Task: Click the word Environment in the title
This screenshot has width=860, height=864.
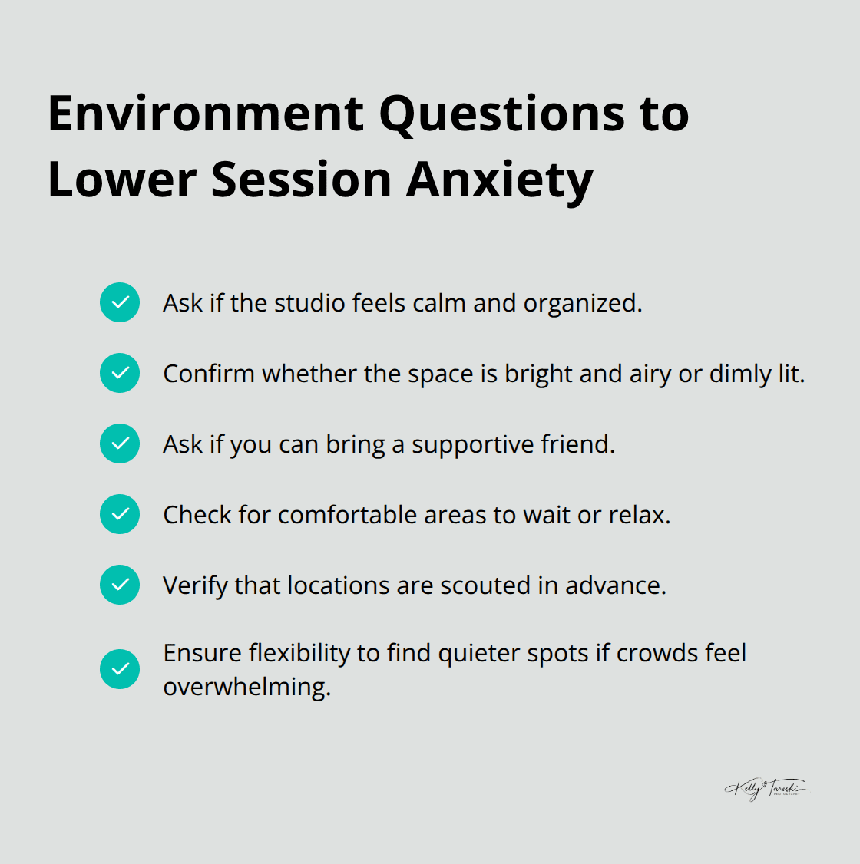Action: coord(206,114)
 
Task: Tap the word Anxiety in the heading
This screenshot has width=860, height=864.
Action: coord(500,180)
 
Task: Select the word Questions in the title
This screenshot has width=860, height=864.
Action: coord(502,115)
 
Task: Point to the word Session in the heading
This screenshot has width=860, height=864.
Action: coord(301,180)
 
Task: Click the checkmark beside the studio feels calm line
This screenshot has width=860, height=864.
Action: coord(120,302)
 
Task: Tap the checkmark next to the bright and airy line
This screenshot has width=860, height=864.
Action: coord(120,373)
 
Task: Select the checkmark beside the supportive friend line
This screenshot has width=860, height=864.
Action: coord(120,444)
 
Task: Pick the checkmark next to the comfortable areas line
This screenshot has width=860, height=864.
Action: coord(120,514)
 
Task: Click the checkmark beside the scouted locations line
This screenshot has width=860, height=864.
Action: coord(120,585)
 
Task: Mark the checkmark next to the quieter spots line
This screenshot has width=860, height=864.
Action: coord(120,669)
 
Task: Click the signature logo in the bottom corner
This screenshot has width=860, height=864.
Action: coord(766,789)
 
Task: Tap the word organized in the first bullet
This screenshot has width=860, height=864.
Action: coord(581,304)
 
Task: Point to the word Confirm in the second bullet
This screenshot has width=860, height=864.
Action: coord(209,374)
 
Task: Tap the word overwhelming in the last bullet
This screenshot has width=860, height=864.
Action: coord(246,687)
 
